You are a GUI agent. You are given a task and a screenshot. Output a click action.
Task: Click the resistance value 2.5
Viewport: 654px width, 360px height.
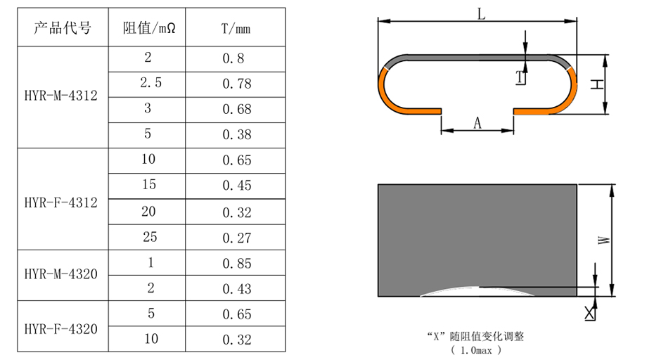pyautogui.click(x=148, y=83)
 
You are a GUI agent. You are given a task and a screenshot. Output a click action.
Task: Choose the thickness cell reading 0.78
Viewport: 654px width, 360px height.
pyautogui.click(x=236, y=84)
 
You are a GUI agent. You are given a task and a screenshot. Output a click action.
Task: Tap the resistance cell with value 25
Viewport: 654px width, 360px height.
pyautogui.click(x=148, y=237)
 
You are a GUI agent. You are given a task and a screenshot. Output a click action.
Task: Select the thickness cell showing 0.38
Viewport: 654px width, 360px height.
pyautogui.click(x=236, y=134)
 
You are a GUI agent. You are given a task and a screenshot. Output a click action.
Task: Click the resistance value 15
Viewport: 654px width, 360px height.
pyautogui.click(x=148, y=186)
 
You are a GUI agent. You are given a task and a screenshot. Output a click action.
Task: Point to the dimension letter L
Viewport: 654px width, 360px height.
pyautogui.click(x=482, y=13)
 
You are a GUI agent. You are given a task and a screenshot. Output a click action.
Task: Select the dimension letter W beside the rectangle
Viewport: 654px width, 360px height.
pyautogui.click(x=604, y=240)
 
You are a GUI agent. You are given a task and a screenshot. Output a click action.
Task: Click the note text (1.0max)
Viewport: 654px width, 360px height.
pyautogui.click(x=475, y=349)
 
